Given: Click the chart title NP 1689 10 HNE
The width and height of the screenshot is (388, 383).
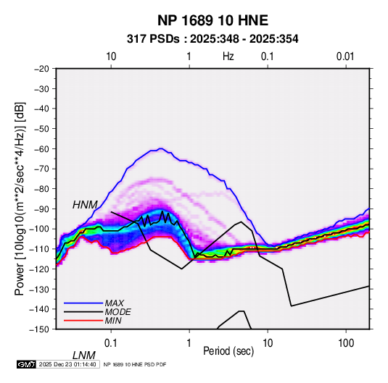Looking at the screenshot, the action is click(212, 20).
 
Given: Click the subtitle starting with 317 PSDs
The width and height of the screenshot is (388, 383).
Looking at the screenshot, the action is click(212, 39).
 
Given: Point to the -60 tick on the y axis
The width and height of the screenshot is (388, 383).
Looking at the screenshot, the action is click(41, 148).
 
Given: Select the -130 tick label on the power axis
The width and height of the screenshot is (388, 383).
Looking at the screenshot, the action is click(39, 289).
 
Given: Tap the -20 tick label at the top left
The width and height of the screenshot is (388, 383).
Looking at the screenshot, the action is click(41, 69).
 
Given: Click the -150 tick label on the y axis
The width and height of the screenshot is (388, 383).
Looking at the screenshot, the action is click(39, 329).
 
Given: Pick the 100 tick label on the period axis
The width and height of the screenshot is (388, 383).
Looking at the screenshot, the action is click(346, 343).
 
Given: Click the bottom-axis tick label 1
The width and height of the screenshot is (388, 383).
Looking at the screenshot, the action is click(189, 343).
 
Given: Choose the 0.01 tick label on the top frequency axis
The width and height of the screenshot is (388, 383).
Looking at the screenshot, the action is click(345, 56).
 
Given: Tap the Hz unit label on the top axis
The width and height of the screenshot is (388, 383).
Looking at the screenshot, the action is click(228, 56).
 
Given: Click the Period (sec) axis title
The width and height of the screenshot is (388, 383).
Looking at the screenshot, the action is click(228, 351).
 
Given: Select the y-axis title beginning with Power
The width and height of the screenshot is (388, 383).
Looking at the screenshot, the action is click(20, 198).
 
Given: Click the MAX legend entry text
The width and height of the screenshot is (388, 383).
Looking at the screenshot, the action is click(115, 303).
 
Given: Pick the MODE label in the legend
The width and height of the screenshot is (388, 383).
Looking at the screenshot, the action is click(117, 312).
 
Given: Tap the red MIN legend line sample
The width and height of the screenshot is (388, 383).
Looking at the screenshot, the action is click(83, 321).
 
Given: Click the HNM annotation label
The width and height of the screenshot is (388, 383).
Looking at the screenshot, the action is click(85, 205).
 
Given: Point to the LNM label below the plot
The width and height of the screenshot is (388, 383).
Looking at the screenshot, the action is click(83, 355).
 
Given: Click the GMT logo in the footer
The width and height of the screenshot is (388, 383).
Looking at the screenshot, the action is click(27, 364).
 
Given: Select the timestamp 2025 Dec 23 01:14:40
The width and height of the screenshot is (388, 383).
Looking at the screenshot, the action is click(67, 364).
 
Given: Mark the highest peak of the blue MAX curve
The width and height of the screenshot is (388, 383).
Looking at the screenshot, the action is click(161, 148).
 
